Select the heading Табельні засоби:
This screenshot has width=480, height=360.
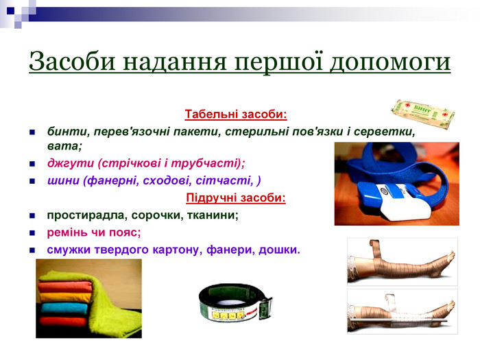235,113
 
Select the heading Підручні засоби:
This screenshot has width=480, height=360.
236,198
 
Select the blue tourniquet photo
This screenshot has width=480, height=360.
396,183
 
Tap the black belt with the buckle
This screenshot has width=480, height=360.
235,305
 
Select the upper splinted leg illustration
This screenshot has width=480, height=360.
402,261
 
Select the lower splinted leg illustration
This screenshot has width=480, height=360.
402,311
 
